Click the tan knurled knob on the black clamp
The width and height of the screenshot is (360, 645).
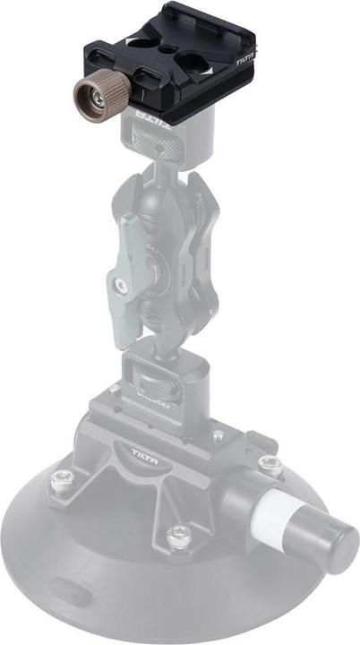click(x=93, y=92)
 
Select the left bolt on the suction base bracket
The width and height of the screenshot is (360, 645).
click(x=61, y=480)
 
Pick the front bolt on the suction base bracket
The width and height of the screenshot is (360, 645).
click(x=179, y=537)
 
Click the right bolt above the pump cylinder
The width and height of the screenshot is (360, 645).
click(x=269, y=463)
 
